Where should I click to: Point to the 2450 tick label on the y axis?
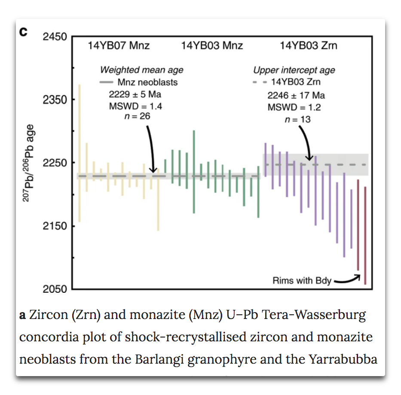coord(55,37)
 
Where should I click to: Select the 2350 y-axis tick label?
coord(55,100)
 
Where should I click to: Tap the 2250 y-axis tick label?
coord(55,163)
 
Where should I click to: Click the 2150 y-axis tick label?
coord(55,226)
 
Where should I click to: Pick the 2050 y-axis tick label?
coord(55,289)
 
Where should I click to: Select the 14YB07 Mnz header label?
coord(119,46)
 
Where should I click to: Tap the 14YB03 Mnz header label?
coord(212,46)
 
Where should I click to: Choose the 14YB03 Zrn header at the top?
coord(309,46)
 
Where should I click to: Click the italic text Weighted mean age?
coord(141,70)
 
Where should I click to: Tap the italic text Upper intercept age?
coord(294,70)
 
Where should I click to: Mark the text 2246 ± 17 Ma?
coord(296,95)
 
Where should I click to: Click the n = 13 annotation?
coord(297,119)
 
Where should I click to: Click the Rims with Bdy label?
coord(302,281)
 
